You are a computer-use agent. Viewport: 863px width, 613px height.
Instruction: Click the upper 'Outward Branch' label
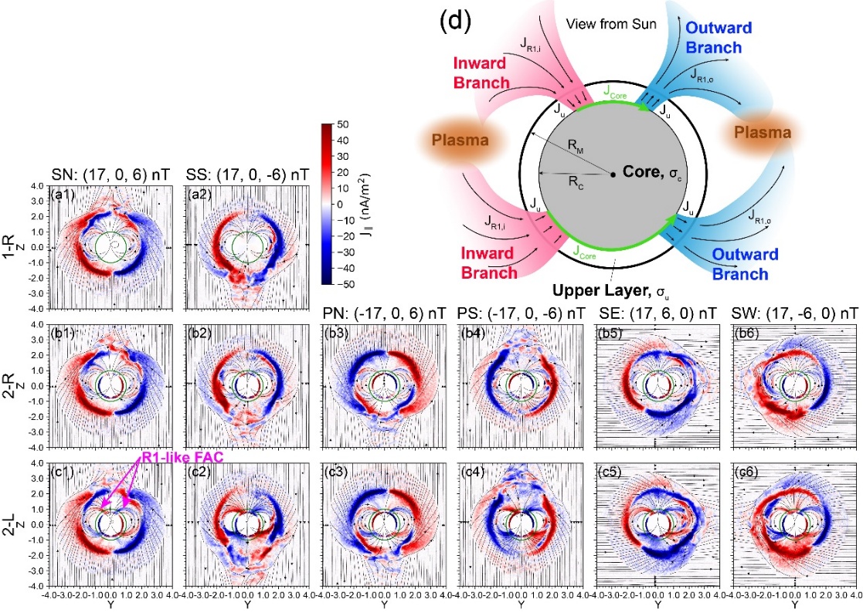(713, 36)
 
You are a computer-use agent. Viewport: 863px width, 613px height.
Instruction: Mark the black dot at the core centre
(613, 175)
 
